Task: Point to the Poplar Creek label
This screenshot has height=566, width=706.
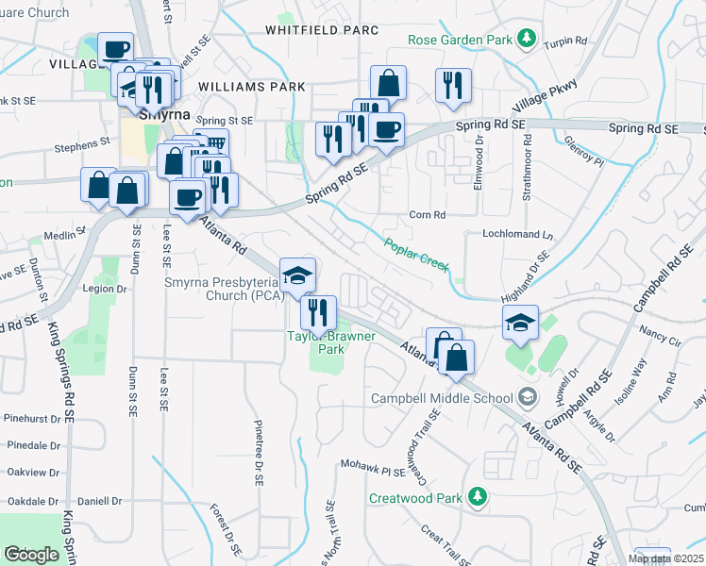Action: (416, 256)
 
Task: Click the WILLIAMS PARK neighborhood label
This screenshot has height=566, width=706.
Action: (251, 87)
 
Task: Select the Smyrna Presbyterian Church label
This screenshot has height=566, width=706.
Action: (212, 288)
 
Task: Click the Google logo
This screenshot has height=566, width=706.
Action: (32, 555)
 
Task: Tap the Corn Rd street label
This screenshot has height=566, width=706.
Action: (428, 215)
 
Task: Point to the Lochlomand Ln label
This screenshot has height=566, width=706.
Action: (516, 233)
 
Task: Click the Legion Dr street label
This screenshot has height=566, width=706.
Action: (106, 289)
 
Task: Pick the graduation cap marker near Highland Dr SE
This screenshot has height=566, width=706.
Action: (520, 323)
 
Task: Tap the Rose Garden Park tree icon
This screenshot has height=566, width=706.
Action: (527, 40)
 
